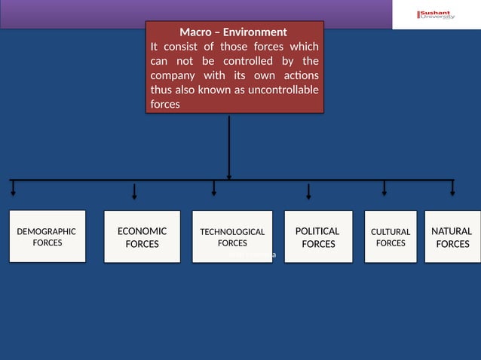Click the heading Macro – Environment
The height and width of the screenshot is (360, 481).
(233, 32)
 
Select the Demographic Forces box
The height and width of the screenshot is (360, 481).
(47, 236)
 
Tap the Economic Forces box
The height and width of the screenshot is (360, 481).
(142, 236)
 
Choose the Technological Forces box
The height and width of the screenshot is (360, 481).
(232, 236)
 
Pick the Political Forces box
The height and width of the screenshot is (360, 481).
(317, 236)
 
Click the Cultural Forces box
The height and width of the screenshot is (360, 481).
(391, 236)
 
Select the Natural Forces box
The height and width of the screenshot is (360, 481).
(452, 236)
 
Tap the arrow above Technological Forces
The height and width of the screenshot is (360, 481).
(214, 188)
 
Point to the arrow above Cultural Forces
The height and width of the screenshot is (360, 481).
(384, 188)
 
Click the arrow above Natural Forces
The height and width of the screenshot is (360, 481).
(452, 188)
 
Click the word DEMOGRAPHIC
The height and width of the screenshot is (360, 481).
(47, 232)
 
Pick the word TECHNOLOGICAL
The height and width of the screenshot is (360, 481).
(232, 232)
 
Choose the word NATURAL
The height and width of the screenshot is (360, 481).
(452, 231)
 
